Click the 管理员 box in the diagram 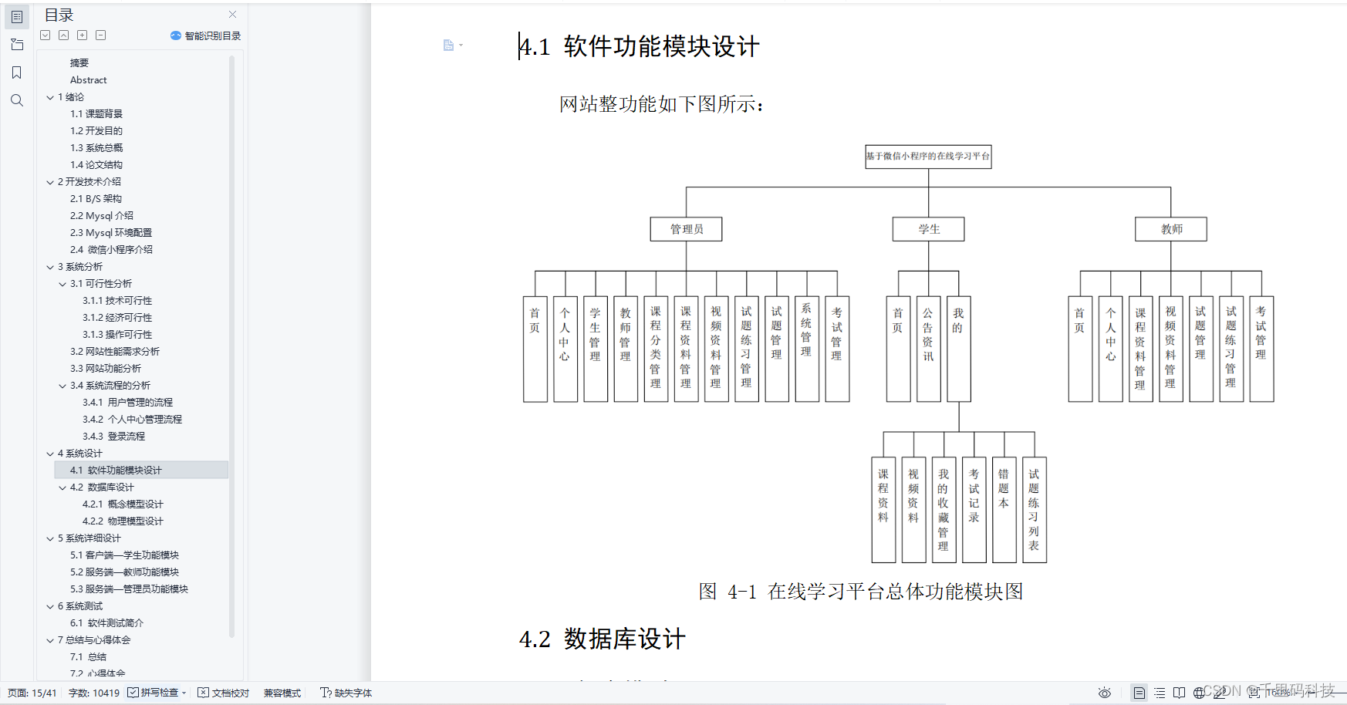686,229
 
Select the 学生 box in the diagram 928,229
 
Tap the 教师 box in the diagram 1170,229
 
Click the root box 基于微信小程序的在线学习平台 927,157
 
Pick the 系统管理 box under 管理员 806,349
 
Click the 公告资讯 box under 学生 928,349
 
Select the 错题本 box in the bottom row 1004,510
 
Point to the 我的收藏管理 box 943,510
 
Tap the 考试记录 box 974,510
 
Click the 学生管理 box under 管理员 595,349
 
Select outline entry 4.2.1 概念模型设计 123,504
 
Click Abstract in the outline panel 89,80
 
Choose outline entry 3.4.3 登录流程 113,437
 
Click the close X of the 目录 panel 233,15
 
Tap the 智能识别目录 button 206,36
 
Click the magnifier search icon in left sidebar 17,100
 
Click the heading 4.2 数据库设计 602,639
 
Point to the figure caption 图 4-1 860,592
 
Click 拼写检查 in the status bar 158,693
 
